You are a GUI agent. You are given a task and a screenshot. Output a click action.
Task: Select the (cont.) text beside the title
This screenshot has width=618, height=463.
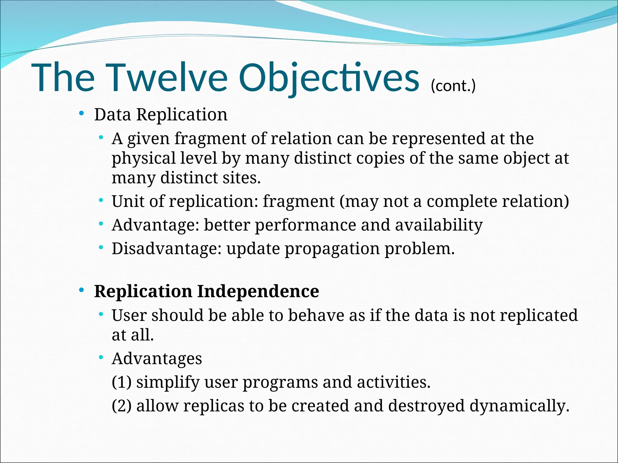453,86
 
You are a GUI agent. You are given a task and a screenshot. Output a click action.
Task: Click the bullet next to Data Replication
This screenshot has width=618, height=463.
81,114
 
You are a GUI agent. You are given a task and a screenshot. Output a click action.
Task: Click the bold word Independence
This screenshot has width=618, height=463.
258,291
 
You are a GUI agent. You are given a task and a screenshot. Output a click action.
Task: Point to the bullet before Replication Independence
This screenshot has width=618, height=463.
81,290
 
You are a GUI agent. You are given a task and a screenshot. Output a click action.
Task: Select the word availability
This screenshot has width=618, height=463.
439,225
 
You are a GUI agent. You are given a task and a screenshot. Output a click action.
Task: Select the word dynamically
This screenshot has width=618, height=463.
519,406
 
